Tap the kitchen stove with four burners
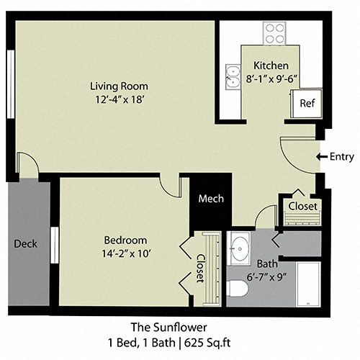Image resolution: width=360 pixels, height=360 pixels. [274, 32]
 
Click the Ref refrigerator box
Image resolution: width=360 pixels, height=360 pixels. [307, 103]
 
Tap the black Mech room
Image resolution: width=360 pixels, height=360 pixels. [211, 199]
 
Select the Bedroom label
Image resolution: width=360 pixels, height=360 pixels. [126, 240]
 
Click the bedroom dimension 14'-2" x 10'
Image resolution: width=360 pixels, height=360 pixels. [126, 252]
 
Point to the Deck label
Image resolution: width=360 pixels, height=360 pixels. [25, 243]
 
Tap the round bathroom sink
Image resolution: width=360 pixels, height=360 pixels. [238, 245]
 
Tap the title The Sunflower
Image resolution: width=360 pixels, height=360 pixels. [179, 326]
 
